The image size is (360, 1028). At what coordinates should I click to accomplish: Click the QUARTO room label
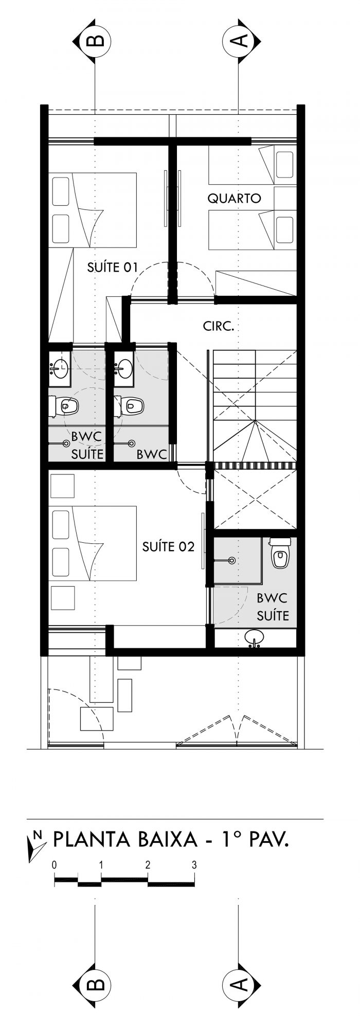coord(235,198)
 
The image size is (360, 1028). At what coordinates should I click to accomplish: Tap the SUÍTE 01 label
coord(113,267)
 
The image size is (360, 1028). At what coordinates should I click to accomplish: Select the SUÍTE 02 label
coord(168,546)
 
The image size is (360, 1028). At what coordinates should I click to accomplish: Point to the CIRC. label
coord(219,326)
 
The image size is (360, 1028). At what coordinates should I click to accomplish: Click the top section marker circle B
coord(96,40)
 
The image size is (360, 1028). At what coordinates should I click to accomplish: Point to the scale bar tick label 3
coord(194,865)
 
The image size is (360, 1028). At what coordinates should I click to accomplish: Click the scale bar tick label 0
coord(54,865)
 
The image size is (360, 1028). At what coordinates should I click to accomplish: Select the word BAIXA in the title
coord(168,840)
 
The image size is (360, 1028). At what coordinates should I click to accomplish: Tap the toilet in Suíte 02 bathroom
coord(280,553)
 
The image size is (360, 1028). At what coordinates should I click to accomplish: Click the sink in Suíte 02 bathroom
coord(255,638)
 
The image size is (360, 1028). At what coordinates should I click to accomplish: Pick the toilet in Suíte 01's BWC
coord(64,406)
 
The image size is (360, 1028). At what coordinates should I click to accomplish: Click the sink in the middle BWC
coord(123,366)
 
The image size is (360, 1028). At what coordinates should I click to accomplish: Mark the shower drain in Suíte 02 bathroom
coord(232,560)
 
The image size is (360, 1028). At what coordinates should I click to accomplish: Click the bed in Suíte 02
coord(93,543)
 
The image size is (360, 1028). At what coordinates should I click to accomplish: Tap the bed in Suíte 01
coord(93,210)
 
